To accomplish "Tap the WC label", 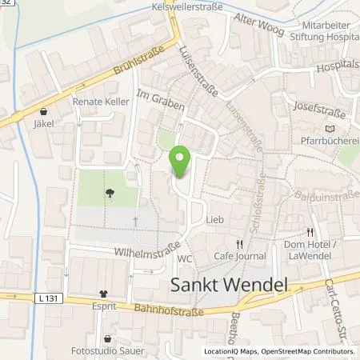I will pyautogui.click(x=186, y=258).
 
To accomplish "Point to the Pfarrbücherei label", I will pyautogui.click(x=327, y=142).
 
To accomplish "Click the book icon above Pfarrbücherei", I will pyautogui.click(x=327, y=128).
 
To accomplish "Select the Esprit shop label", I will pyautogui.click(x=102, y=305).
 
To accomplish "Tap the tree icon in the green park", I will pyautogui.click(x=108, y=192).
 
